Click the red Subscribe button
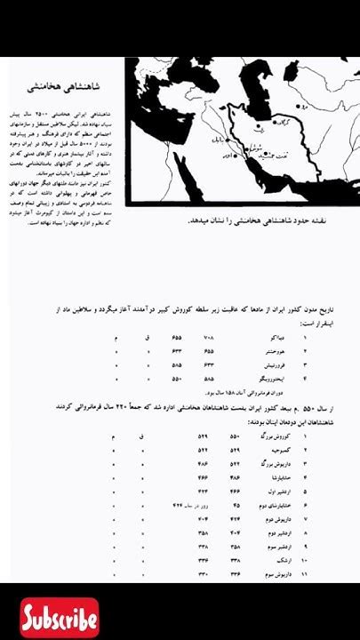click(60, 619)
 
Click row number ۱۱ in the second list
click(305, 574)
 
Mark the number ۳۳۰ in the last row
click(203, 574)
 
